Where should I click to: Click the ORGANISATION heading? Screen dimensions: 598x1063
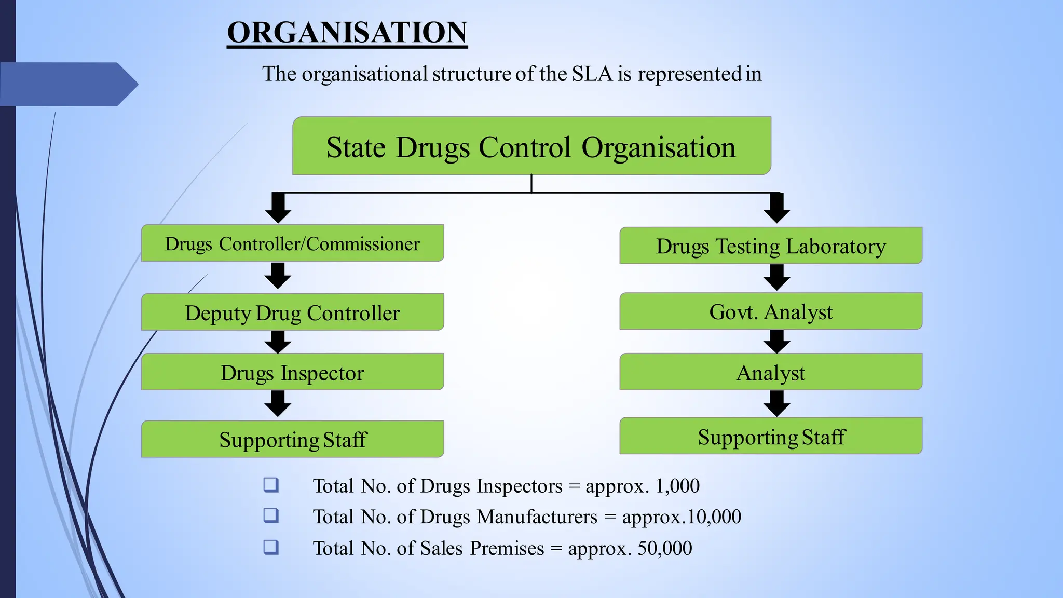coord(347,32)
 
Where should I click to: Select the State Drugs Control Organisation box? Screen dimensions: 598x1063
coord(531,146)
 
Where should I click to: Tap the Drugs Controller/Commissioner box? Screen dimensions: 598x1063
coord(292,243)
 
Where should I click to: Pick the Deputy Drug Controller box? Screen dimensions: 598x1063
coord(292,312)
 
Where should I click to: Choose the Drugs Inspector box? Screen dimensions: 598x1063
coord(292,372)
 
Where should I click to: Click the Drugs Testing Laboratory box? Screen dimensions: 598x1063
coord(771,246)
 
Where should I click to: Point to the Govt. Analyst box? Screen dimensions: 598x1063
coord(771,311)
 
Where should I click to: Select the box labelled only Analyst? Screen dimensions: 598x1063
coord(771,372)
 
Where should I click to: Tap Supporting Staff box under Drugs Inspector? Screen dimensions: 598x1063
coord(292,439)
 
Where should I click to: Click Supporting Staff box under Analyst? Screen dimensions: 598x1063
coord(771,436)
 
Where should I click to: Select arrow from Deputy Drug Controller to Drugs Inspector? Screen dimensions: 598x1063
coord(278,342)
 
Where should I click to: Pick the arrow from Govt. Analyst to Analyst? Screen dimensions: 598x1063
coord(776,342)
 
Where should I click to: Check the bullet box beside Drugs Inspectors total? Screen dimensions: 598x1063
coord(271,485)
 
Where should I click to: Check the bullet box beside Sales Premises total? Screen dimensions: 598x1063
coord(271,547)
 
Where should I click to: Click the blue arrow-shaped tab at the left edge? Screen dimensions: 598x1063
coord(67,84)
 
